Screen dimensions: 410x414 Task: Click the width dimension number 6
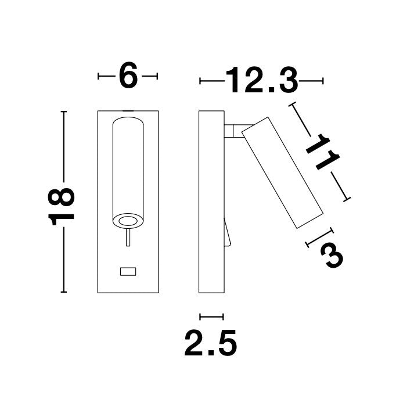(128, 76)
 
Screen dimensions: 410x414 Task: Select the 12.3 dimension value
(261, 81)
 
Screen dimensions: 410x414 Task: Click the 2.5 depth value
(211, 344)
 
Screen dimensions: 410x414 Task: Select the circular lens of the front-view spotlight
(127, 220)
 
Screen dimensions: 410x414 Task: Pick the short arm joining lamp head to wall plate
(233, 131)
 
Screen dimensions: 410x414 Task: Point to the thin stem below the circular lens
(128, 240)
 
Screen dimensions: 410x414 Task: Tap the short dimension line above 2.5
(211, 317)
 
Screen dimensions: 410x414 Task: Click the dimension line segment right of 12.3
(311, 81)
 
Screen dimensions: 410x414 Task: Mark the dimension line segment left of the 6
(106, 76)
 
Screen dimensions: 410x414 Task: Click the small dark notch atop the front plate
(128, 109)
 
